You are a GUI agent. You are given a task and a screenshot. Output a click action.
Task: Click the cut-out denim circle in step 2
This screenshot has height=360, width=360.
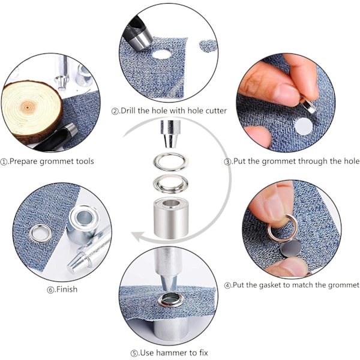[208, 46]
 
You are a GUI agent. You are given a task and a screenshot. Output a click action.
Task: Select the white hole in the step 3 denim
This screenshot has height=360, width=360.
[304, 127]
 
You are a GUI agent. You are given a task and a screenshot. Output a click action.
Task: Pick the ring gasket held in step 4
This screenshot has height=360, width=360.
[282, 227]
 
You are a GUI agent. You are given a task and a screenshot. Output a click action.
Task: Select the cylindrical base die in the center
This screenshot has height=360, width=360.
[170, 217]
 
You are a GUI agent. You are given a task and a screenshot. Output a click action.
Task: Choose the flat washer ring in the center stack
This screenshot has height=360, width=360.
[170, 162]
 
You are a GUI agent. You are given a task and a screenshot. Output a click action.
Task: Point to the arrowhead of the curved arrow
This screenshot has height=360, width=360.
[138, 237]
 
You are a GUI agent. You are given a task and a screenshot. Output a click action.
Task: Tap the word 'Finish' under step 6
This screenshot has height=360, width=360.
[67, 289]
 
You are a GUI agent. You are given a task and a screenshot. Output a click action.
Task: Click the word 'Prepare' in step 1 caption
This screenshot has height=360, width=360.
[24, 161]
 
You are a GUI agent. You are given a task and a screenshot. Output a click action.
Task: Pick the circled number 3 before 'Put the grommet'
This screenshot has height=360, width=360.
[227, 162]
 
